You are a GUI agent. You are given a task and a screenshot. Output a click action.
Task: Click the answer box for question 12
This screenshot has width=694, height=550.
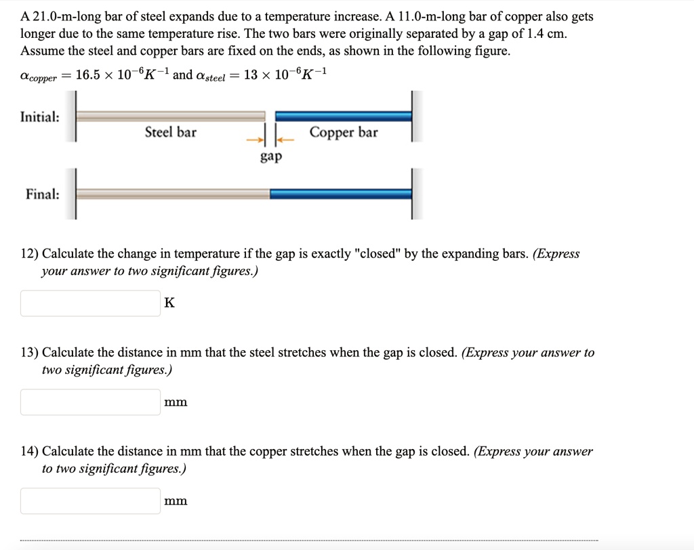coord(90,303)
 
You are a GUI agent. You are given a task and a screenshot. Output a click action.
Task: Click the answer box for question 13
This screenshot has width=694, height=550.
coord(90,402)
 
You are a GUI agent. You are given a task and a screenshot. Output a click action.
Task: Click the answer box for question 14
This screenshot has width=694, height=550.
coord(90,501)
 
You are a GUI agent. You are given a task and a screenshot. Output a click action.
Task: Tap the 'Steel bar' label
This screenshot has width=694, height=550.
coord(170,132)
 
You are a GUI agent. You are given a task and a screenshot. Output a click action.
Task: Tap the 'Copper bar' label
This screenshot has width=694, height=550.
coord(344,132)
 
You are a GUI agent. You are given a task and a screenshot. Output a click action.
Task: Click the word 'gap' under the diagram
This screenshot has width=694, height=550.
coord(270,156)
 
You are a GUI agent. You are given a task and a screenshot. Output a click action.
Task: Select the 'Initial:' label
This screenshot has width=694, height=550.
coord(39,117)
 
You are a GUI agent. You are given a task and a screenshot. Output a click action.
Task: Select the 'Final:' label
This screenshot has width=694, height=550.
coord(42,194)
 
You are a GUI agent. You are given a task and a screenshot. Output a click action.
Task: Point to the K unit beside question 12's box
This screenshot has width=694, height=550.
coord(169,303)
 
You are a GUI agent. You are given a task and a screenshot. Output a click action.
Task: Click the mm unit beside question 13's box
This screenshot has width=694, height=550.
coord(176,402)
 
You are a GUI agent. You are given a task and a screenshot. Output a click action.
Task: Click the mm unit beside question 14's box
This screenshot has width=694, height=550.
coord(176,501)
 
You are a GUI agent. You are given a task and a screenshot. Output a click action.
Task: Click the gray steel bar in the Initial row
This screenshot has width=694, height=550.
coord(169,116)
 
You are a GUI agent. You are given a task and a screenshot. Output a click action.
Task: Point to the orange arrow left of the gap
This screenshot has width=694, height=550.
coord(253,140)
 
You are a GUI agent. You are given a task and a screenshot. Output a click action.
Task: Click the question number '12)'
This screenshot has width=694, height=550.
coord(29,254)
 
